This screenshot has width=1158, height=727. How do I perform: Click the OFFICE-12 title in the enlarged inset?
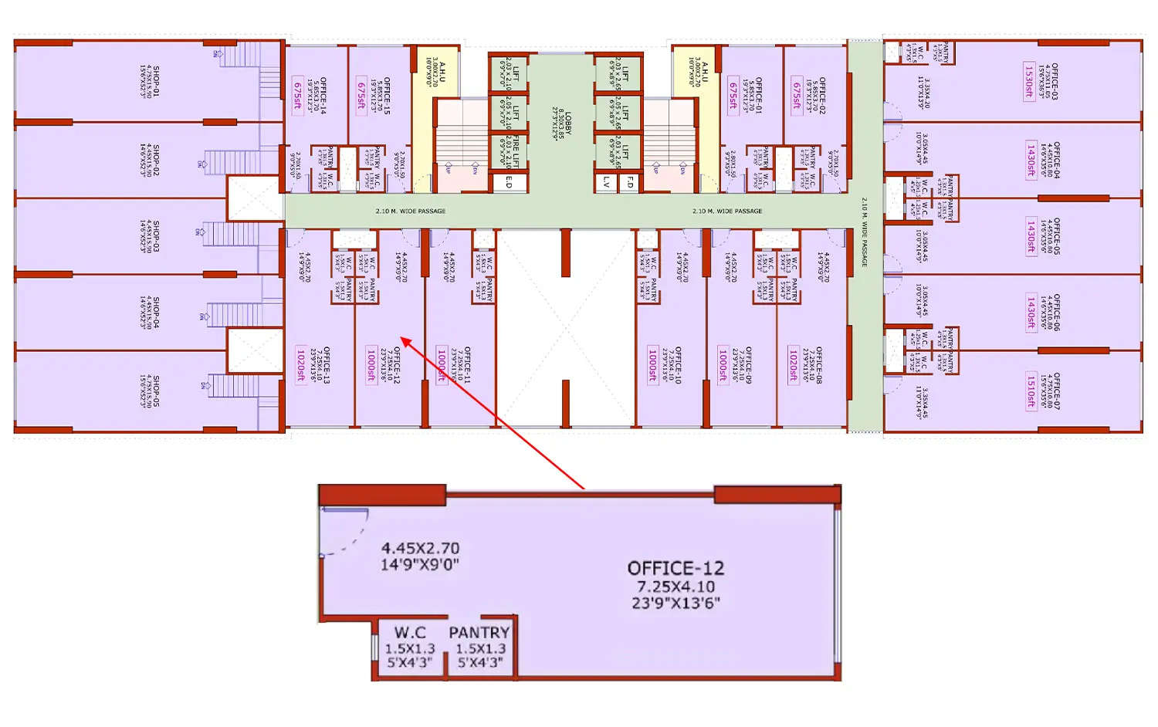(675, 569)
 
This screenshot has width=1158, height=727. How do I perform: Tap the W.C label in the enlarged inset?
(410, 633)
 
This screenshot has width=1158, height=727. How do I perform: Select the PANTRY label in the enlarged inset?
(479, 633)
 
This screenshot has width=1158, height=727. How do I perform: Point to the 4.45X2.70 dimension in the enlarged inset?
(421, 548)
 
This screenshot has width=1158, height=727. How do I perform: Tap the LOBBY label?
(567, 123)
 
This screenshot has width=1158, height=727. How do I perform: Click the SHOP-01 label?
(156, 81)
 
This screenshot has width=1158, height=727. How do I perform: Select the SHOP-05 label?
(156, 391)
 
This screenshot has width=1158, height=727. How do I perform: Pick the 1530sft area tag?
(1029, 81)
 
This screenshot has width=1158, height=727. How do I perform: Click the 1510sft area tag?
(1031, 391)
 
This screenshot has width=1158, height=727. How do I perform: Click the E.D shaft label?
(509, 182)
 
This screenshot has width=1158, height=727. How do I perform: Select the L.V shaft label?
(607, 182)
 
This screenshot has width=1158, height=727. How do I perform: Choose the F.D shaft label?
(630, 182)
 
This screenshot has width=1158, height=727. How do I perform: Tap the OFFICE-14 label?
(323, 95)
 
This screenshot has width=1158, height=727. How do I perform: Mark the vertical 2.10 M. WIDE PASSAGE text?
(864, 232)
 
